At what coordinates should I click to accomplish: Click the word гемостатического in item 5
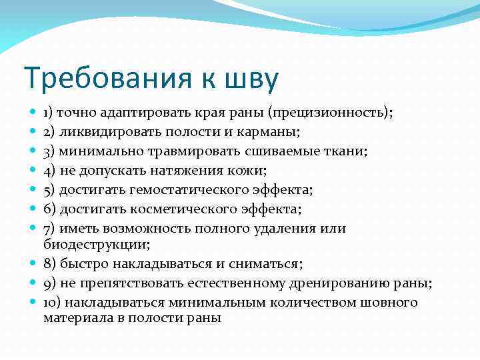pyautogui.click(x=189, y=191)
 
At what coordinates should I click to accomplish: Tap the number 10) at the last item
pyautogui.click(x=52, y=303)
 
